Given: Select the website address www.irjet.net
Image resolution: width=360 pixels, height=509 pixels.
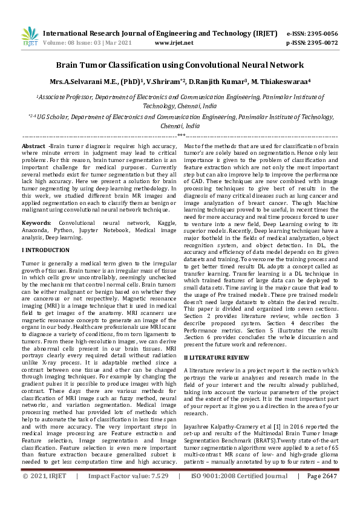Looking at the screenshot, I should (x=174, y=43).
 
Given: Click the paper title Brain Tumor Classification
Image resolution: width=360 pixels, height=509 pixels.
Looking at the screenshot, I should (x=180, y=65).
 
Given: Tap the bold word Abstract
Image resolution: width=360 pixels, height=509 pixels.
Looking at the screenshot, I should (x=33, y=147).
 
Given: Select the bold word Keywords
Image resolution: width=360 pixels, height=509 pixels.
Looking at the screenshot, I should (x=36, y=223).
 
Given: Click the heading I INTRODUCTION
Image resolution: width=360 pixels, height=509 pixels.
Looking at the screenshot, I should (x=47, y=249).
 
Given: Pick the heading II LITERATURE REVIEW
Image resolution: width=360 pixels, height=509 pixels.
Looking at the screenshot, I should (x=215, y=358).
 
